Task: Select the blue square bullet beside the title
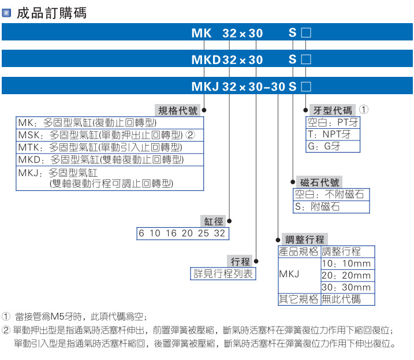pyautogui.click(x=7, y=12)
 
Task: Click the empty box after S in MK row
pyautogui.click(x=306, y=34)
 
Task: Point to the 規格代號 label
pyautogui.click(x=177, y=110)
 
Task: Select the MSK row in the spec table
pyautogui.click(x=110, y=135)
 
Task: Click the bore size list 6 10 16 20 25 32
pyautogui.click(x=182, y=233)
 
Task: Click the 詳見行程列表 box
pyautogui.click(x=223, y=274)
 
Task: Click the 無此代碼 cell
pyautogui.click(x=346, y=299)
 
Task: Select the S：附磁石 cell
pyautogui.click(x=331, y=206)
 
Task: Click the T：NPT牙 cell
pyautogui.click(x=332, y=135)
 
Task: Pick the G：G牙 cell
pyautogui.click(x=332, y=147)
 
